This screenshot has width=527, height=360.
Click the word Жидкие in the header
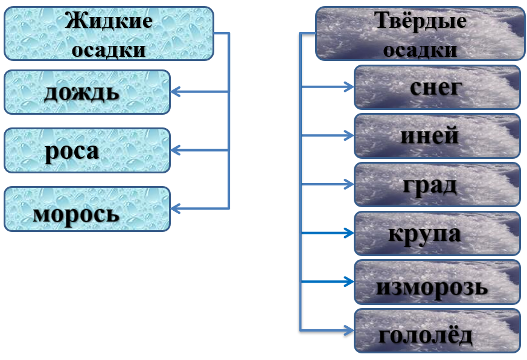(x=109, y=21)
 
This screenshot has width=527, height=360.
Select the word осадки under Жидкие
(x=109, y=50)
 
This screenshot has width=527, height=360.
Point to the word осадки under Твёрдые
(x=420, y=50)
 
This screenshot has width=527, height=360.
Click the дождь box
(x=88, y=92)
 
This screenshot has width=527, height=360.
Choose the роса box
(x=88, y=150)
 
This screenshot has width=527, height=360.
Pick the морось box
(x=88, y=209)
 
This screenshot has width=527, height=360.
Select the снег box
(x=437, y=87)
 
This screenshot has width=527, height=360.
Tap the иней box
(x=437, y=135)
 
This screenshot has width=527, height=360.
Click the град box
(x=437, y=184)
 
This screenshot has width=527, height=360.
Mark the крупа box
(x=437, y=233)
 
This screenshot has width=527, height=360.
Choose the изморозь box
(x=437, y=282)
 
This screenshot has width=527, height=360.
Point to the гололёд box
(x=437, y=331)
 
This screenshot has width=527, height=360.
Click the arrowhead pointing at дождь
(x=176, y=92)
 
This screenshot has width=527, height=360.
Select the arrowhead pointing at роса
(x=176, y=150)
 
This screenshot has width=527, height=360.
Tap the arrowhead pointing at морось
(x=176, y=208)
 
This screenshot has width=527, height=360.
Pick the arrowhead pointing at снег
(x=349, y=87)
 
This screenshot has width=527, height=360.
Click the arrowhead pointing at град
(x=349, y=184)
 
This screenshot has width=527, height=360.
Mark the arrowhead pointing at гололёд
(x=349, y=330)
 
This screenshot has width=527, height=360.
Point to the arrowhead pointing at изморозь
(x=349, y=281)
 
